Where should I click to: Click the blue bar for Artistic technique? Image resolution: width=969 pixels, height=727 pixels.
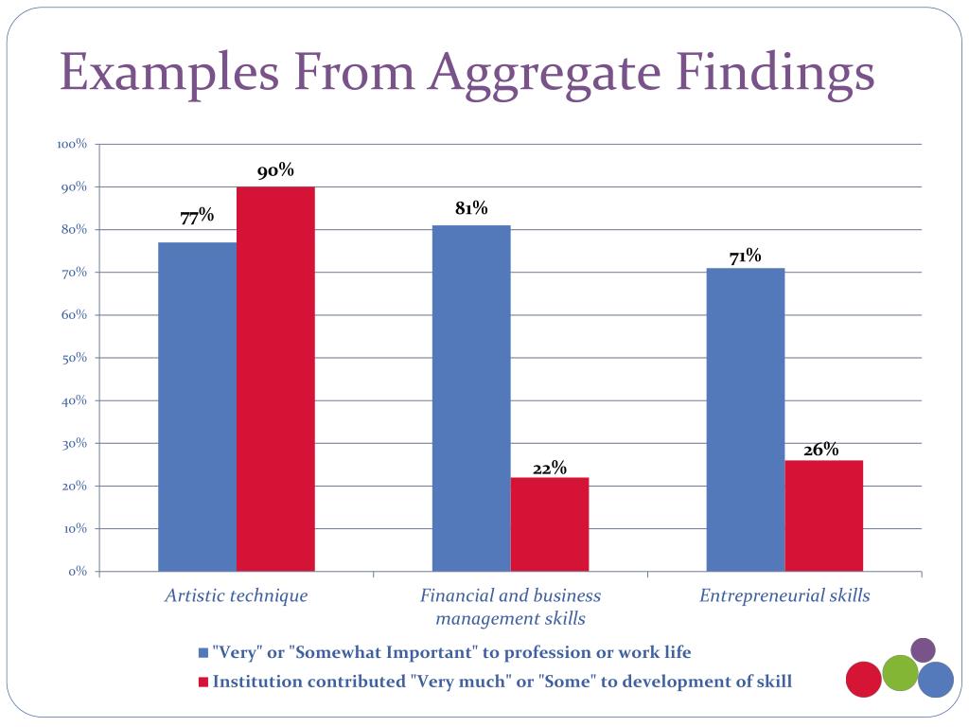pyautogui.click(x=197, y=407)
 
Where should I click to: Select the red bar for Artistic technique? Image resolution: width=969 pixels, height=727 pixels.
pyautogui.click(x=275, y=379)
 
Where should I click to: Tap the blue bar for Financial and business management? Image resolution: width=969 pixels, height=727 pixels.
pyautogui.click(x=471, y=398)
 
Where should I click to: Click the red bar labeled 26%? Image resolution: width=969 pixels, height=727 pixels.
pyautogui.click(x=824, y=515)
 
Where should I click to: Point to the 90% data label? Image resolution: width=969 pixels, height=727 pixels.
pyautogui.click(x=275, y=171)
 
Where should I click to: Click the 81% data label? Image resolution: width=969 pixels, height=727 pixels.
pyautogui.click(x=471, y=208)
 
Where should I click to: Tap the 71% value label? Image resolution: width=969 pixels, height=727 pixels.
pyautogui.click(x=746, y=256)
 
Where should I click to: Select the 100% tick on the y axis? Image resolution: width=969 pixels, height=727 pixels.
pyautogui.click(x=72, y=145)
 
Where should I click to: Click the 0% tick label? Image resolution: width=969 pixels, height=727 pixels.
pyautogui.click(x=78, y=572)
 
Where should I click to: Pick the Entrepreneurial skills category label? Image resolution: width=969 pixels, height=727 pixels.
pyautogui.click(x=784, y=595)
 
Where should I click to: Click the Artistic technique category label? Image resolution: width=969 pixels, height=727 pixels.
pyautogui.click(x=237, y=595)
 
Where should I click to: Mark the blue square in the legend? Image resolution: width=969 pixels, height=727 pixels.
pyautogui.click(x=203, y=653)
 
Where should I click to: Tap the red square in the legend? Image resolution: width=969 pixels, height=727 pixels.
pyautogui.click(x=203, y=682)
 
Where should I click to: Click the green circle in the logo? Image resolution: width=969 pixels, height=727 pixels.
pyautogui.click(x=901, y=673)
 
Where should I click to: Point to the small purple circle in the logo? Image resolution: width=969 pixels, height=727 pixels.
pyautogui.click(x=923, y=650)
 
